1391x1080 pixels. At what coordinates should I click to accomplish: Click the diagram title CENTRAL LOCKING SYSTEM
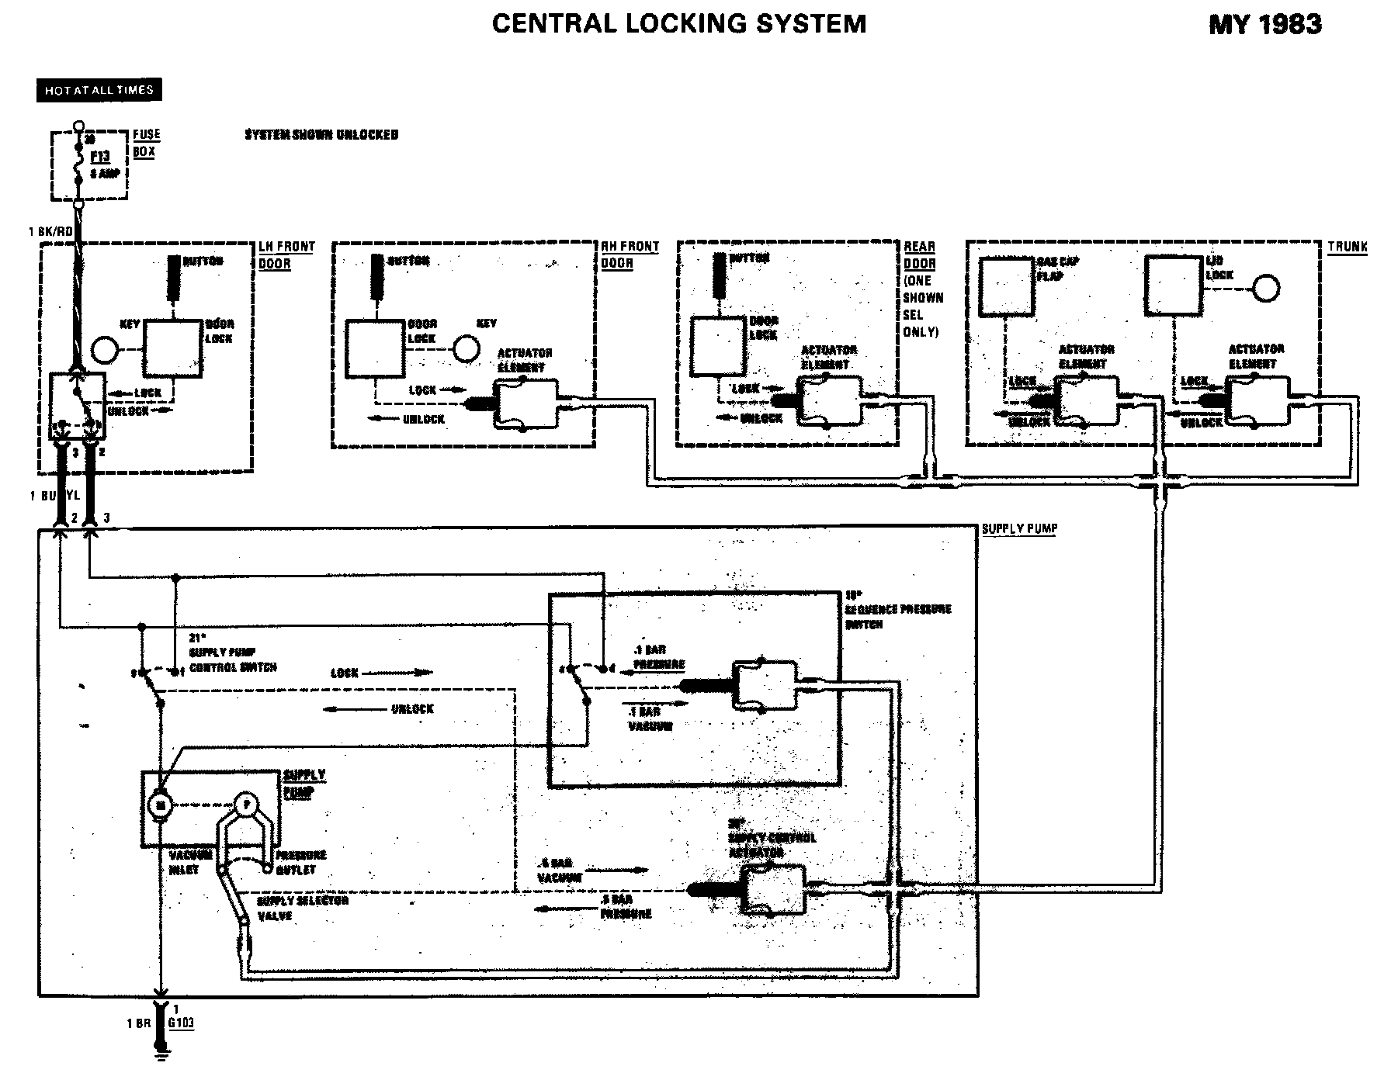tap(679, 24)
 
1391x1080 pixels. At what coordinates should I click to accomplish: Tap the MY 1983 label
tap(1265, 25)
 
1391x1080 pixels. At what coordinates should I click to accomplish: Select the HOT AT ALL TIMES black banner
tap(99, 90)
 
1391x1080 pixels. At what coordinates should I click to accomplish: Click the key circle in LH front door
tap(104, 350)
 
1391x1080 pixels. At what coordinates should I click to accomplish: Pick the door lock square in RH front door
tap(375, 349)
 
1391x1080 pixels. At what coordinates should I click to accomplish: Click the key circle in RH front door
tap(466, 349)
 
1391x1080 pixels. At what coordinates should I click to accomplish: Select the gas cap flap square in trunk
tap(1007, 286)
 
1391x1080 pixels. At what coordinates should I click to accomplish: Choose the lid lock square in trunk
tap(1174, 286)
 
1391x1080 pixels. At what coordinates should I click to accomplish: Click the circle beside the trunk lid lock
tap(1266, 289)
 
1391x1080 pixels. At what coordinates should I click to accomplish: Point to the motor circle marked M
tap(161, 805)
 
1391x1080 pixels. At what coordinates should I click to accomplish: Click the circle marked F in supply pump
tap(246, 805)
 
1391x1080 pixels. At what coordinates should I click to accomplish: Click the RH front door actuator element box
tap(527, 403)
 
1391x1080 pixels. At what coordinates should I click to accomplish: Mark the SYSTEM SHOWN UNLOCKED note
tap(321, 135)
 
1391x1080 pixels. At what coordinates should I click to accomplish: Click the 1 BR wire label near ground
tap(139, 1023)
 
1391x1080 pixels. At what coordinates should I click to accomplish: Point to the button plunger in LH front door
tap(172, 277)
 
